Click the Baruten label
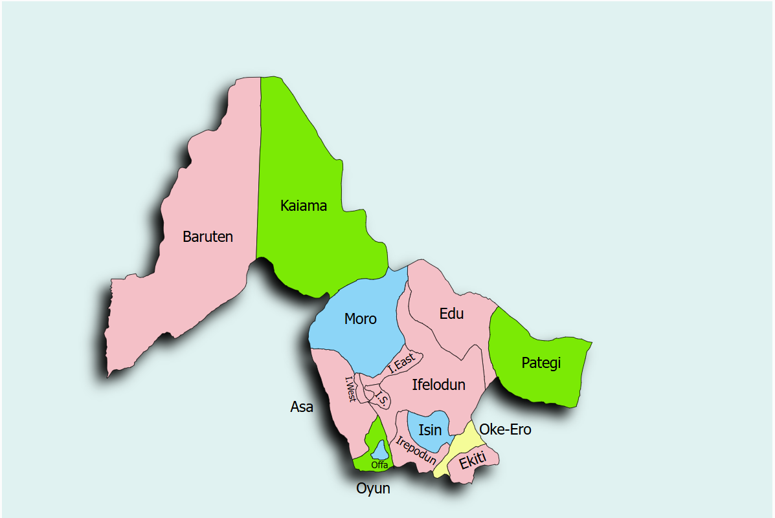(207, 237)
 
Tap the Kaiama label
(303, 206)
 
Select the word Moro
(361, 319)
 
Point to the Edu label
(451, 314)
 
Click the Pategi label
(541, 363)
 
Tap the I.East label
(401, 363)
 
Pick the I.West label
(350, 389)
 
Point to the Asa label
(302, 407)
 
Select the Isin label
(430, 430)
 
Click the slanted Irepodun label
(416, 451)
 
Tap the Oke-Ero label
(505, 429)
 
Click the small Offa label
(379, 465)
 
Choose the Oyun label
(374, 488)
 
